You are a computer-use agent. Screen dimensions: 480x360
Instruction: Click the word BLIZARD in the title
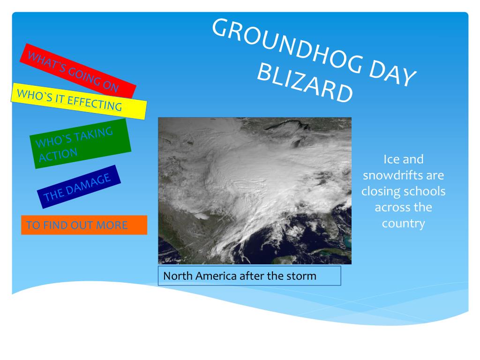[x=305, y=82]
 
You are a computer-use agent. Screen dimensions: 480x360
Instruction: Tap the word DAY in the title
[x=392, y=72]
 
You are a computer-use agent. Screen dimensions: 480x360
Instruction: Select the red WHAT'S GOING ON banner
[x=78, y=71]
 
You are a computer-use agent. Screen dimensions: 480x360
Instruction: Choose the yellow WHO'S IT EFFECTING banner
[x=79, y=101]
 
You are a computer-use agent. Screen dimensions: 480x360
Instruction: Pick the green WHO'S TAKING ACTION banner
[x=80, y=143]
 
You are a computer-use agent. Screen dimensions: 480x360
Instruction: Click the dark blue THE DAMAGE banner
[x=79, y=187]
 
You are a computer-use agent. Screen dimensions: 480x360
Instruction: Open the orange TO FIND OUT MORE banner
[x=84, y=225]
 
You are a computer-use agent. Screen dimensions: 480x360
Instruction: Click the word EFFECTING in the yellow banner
[x=95, y=103]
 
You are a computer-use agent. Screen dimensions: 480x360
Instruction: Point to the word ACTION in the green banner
[x=58, y=155]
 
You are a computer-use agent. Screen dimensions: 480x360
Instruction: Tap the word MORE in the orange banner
[x=112, y=225]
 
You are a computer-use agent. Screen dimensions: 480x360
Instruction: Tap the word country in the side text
[x=404, y=224]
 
